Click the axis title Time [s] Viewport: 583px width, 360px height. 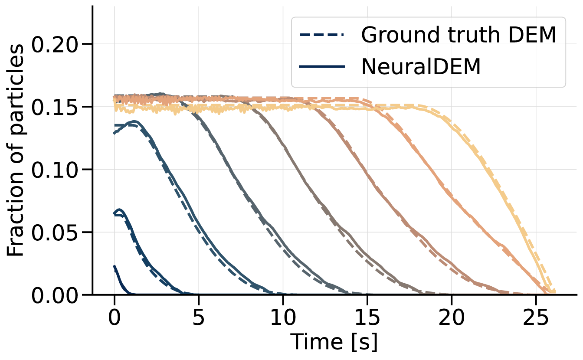click(x=334, y=342)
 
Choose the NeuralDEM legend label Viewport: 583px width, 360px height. click(x=421, y=67)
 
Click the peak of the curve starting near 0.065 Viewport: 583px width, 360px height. click(x=120, y=210)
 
